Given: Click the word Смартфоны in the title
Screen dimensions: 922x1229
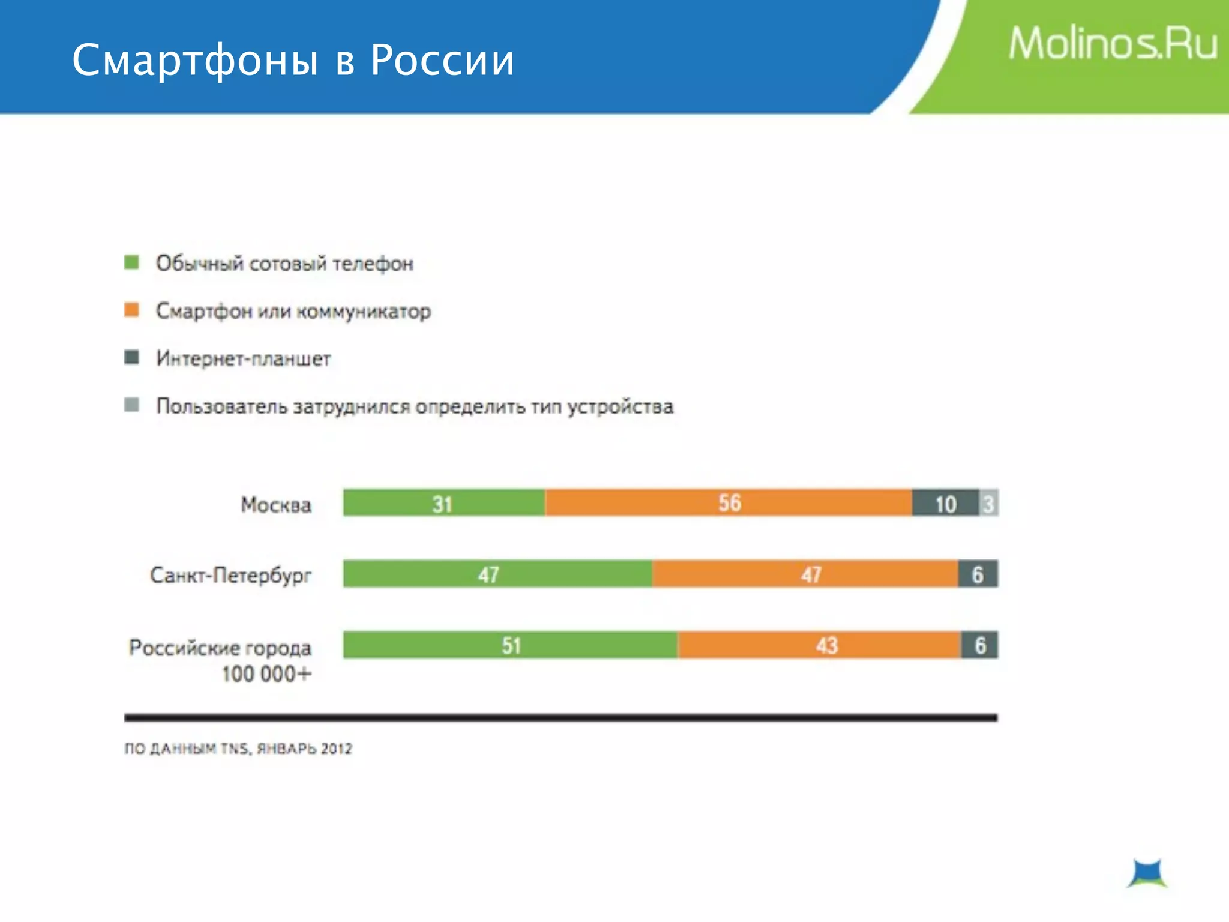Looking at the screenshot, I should (195, 61).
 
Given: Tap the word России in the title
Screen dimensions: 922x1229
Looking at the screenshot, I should (442, 61).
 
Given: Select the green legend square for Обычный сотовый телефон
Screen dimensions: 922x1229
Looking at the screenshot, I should (131, 262).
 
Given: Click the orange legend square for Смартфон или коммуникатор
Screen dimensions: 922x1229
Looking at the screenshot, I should (131, 310).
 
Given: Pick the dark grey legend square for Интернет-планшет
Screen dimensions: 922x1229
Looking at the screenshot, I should (131, 358).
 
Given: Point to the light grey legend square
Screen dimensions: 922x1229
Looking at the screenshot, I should (131, 405).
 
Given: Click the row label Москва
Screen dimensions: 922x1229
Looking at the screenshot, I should (276, 505).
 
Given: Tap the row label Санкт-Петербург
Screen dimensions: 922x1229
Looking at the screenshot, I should (231, 575).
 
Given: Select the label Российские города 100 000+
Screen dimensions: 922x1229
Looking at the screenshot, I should (220, 660).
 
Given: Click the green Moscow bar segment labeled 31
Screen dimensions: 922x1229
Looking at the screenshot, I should (443, 503).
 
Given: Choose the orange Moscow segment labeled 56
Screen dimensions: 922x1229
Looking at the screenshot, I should (729, 503).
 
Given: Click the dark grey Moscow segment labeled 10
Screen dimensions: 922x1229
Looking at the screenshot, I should (945, 503).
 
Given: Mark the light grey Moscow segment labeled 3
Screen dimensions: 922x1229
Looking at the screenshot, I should (988, 503).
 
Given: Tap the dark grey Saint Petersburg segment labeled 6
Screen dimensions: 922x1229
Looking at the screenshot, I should (978, 574).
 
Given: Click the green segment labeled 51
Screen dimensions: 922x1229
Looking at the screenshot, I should (510, 645).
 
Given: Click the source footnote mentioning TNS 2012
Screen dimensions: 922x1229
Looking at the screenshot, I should (238, 749).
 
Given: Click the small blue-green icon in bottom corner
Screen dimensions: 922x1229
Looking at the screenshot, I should (1147, 873).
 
